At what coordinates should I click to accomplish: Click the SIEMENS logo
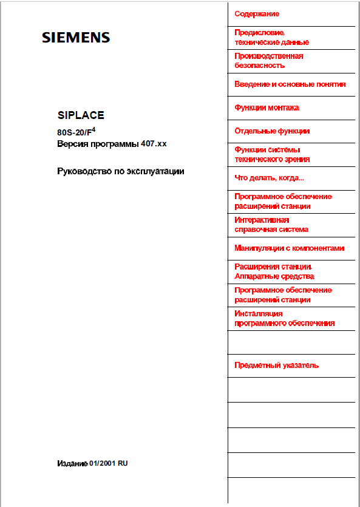pyautogui.click(x=76, y=38)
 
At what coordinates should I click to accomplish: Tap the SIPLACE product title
pyautogui.click(x=81, y=114)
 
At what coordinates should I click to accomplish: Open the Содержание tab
pyautogui.click(x=257, y=13)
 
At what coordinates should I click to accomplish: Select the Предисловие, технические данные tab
pyautogui.click(x=271, y=37)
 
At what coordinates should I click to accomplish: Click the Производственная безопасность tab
pyautogui.click(x=269, y=60)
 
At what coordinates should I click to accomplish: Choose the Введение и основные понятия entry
pyautogui.click(x=290, y=84)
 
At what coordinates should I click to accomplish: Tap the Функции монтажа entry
pyautogui.click(x=267, y=107)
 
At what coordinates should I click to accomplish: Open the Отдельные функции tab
pyautogui.click(x=272, y=131)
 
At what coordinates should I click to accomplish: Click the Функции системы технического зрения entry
pyautogui.click(x=272, y=154)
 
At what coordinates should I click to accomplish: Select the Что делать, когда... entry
pyautogui.click(x=269, y=178)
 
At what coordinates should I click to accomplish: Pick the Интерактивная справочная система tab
pyautogui.click(x=271, y=225)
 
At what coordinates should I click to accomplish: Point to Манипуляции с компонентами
pyautogui.click(x=290, y=248)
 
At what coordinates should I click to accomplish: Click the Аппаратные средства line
pyautogui.click(x=274, y=276)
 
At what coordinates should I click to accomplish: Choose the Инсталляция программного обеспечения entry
pyautogui.click(x=284, y=318)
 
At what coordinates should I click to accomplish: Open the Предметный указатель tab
pyautogui.click(x=276, y=366)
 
